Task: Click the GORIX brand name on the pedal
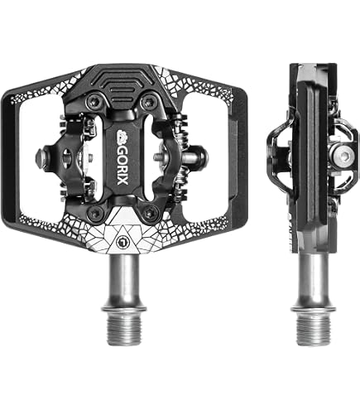122,165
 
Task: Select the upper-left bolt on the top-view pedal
94,102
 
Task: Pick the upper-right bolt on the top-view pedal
149,102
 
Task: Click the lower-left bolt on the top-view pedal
96,213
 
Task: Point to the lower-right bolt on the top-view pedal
149,213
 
